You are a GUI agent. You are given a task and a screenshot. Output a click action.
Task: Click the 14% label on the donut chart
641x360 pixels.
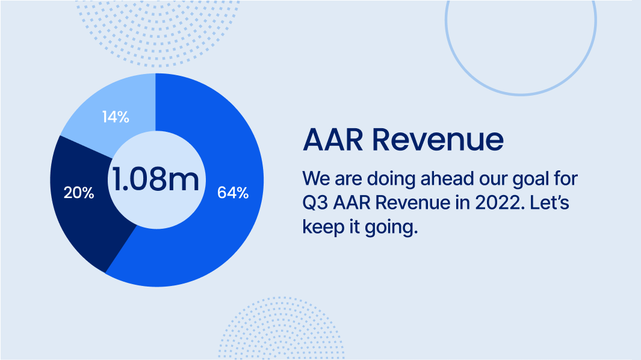click(116, 117)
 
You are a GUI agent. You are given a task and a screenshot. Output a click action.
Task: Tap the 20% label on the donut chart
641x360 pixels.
click(79, 193)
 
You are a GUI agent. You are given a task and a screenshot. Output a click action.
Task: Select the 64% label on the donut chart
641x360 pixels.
click(233, 193)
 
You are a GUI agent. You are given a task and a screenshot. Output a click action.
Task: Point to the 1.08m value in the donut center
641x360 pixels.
click(156, 179)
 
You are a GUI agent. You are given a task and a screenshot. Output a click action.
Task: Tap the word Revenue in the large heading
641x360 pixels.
click(438, 140)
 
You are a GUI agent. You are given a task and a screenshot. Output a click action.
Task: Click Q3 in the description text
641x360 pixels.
click(315, 203)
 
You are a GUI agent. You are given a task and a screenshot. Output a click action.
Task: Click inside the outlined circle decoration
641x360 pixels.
click(521, 95)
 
